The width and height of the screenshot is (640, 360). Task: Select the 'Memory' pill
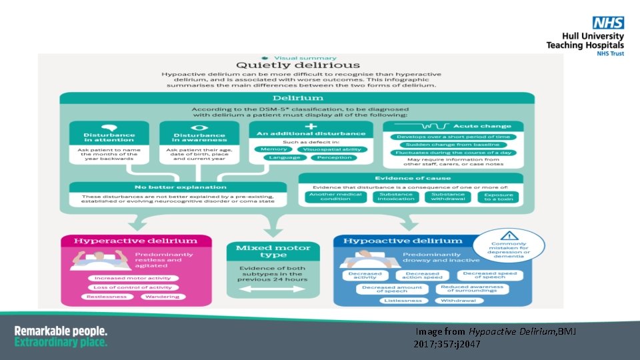point(274,149)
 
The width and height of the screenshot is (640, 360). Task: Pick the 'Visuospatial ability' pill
point(331,149)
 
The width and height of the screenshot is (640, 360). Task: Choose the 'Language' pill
point(275,158)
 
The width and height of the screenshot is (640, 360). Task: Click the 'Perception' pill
point(334,158)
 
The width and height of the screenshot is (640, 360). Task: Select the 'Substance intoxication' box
point(396,197)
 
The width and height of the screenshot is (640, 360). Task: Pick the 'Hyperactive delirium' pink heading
point(135,241)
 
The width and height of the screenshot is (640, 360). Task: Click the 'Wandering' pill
point(172,297)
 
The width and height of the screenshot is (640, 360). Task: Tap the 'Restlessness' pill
point(110,297)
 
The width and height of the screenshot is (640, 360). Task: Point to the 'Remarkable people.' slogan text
point(61,331)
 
